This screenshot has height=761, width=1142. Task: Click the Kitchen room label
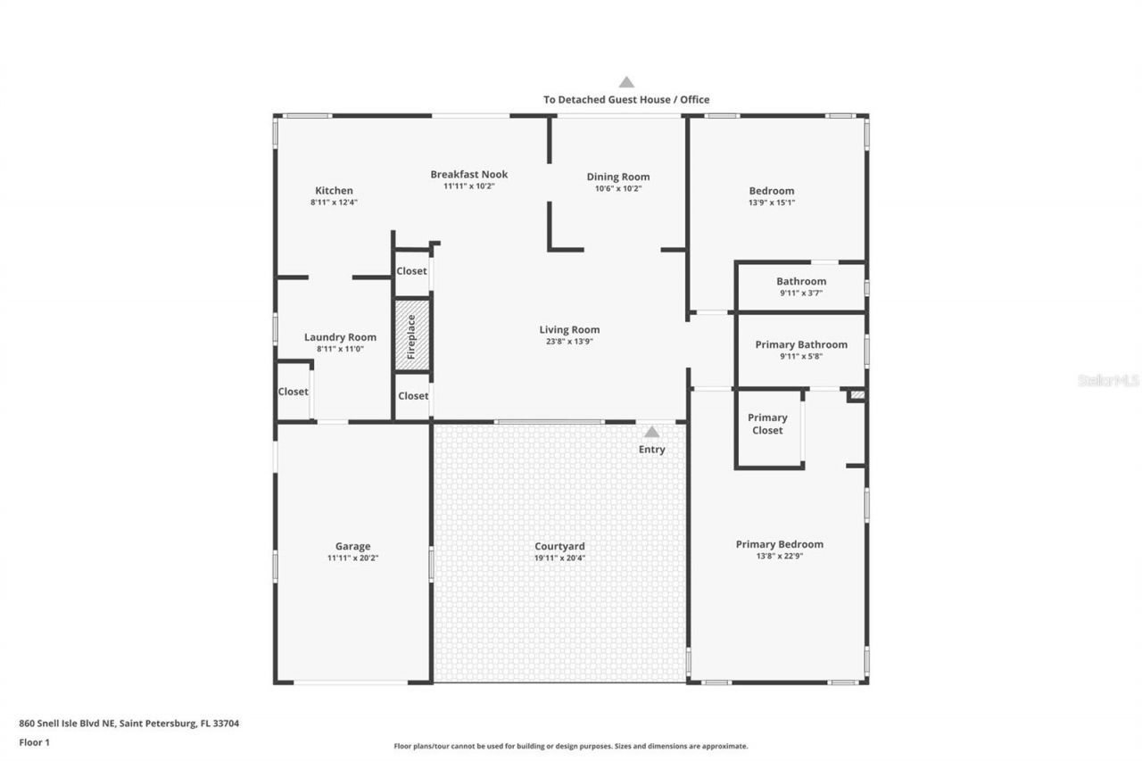[334, 190]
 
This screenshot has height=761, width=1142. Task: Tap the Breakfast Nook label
[468, 174]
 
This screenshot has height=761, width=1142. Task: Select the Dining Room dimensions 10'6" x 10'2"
[618, 188]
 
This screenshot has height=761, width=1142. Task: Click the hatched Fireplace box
[412, 335]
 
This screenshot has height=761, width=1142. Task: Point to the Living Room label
[569, 329]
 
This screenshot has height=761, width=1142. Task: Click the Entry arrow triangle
[652, 432]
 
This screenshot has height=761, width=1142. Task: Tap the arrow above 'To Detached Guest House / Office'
[626, 82]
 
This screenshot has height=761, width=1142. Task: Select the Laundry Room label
[340, 337]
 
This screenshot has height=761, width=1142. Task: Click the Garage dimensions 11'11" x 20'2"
[352, 558]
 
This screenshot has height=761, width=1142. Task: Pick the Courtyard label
[559, 546]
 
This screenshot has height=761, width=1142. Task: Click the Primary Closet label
[767, 424]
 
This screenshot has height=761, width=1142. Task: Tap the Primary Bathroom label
[801, 344]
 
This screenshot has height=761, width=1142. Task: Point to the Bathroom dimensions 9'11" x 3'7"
[801, 293]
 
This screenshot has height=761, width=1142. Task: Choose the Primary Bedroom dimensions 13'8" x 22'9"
[779, 556]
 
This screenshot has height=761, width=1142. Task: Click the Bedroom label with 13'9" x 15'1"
[772, 190]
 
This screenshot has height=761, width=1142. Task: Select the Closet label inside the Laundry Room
[293, 392]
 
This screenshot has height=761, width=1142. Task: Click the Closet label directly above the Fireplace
[411, 271]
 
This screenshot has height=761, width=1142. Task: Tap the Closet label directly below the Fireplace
[412, 396]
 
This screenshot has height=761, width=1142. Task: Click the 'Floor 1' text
[34, 741]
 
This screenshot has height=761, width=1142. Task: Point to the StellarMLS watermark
[1108, 380]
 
